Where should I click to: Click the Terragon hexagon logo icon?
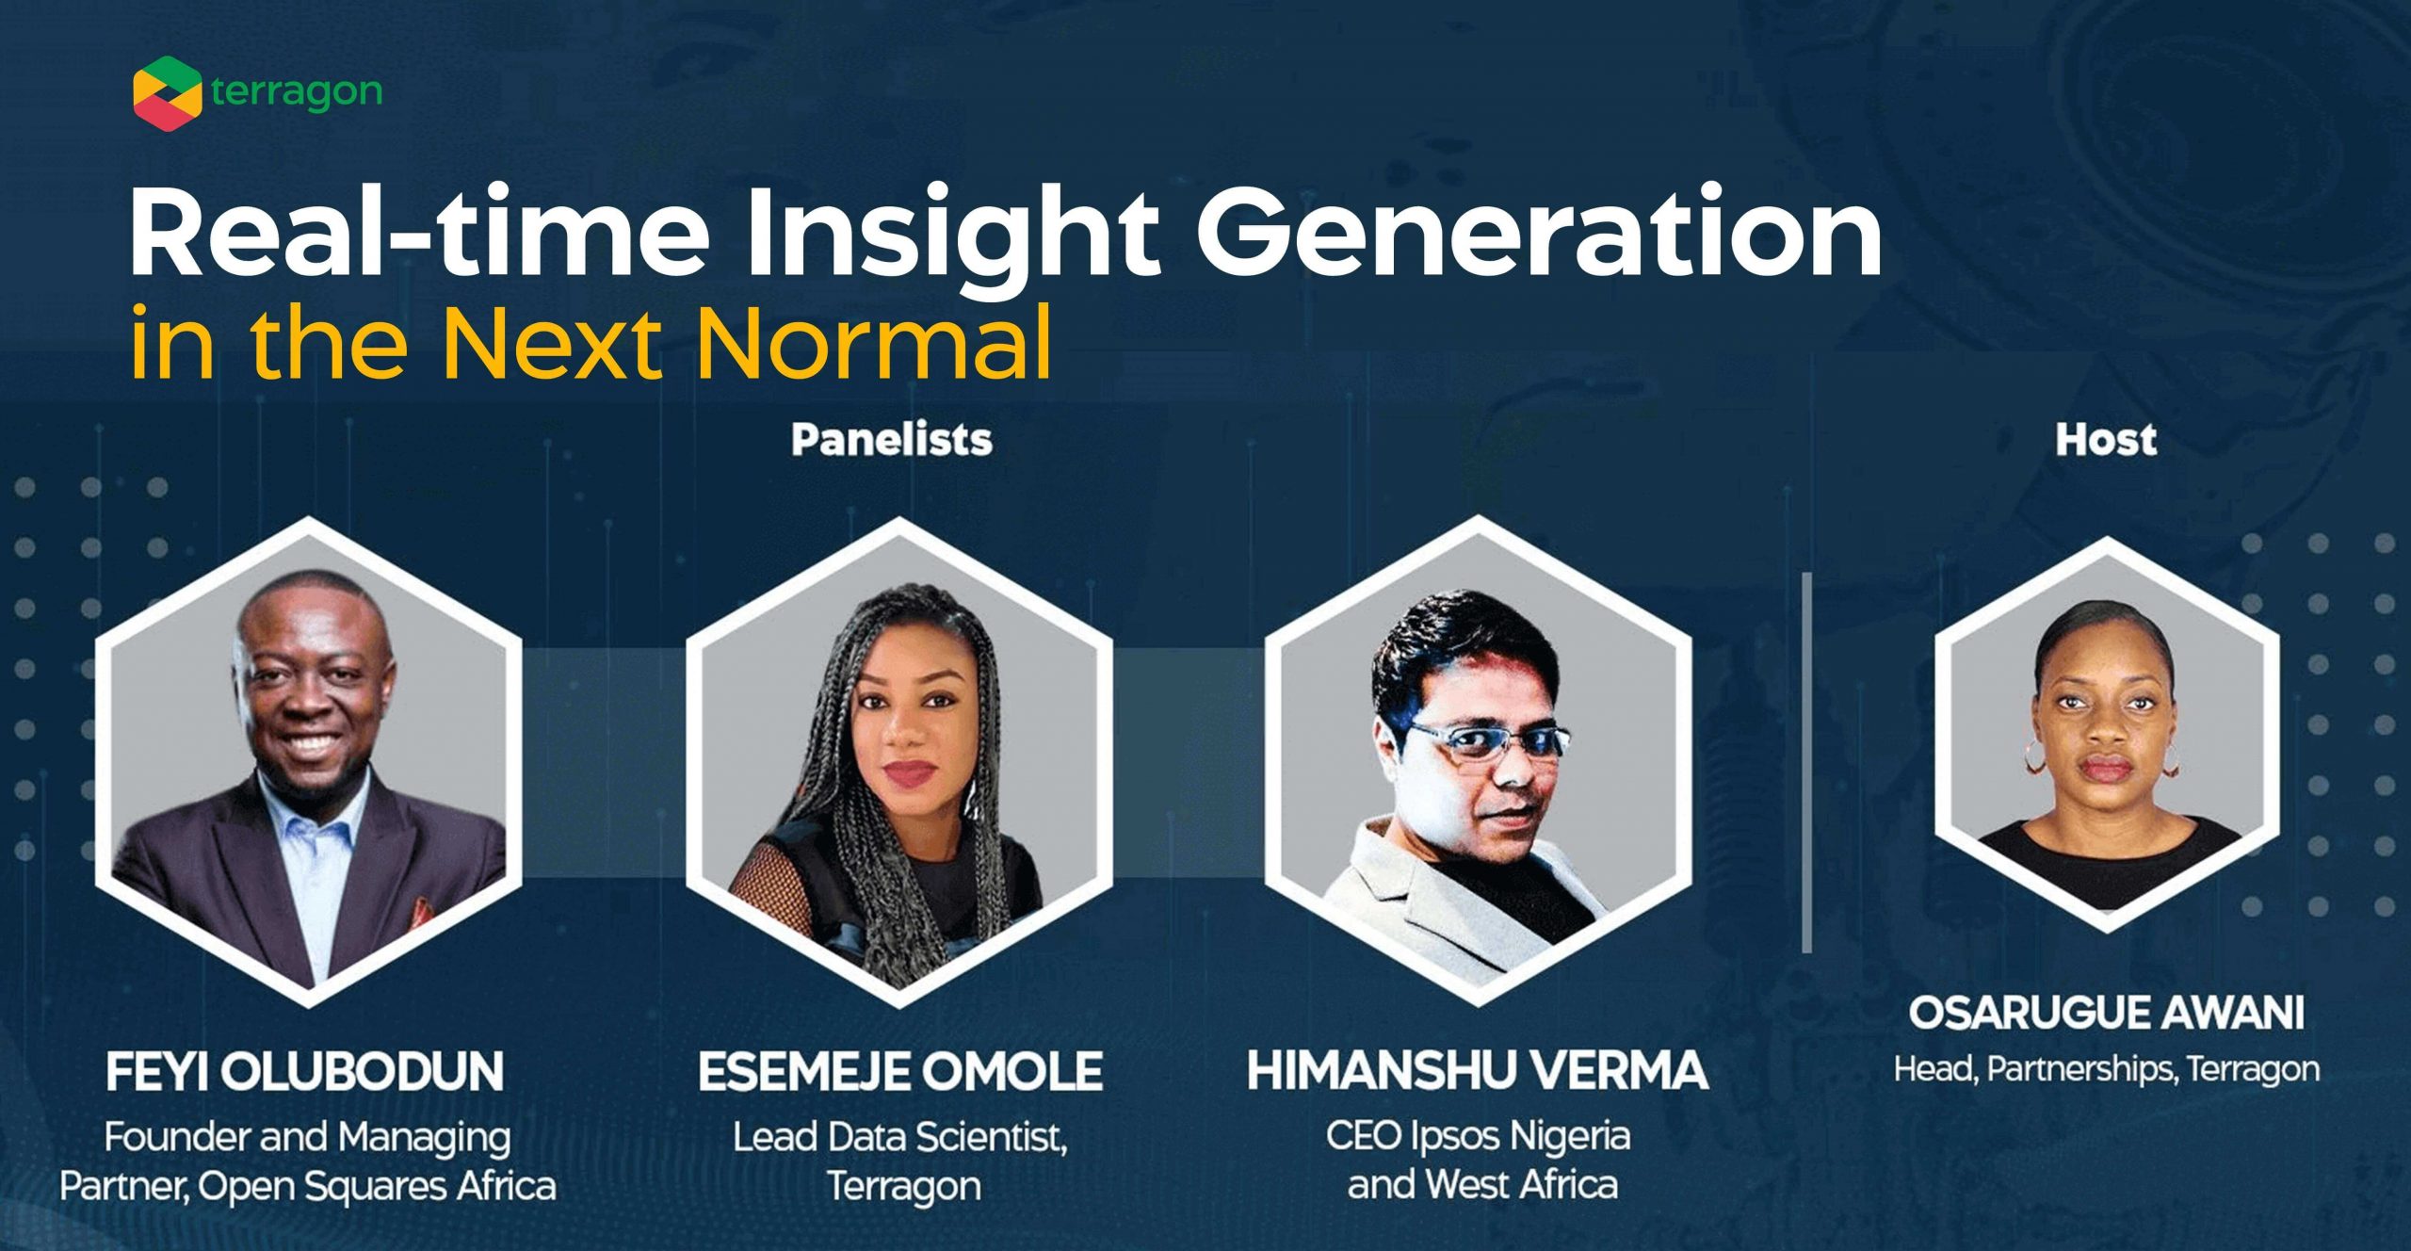pyautogui.click(x=167, y=93)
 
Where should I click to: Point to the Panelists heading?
pyautogui.click(x=892, y=440)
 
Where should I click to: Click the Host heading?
pyautogui.click(x=2106, y=440)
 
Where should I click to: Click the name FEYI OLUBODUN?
pyautogui.click(x=304, y=1072)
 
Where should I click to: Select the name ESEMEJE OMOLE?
pyautogui.click(x=900, y=1072)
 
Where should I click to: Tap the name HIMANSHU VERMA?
pyautogui.click(x=1478, y=1071)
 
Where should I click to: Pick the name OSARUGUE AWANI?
pyautogui.click(x=2107, y=1014)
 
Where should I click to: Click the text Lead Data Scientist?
pyautogui.click(x=900, y=1137)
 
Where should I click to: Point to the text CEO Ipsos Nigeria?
pyautogui.click(x=1478, y=1137)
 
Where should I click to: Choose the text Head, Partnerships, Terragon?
pyautogui.click(x=2107, y=1069)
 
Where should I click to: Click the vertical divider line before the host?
pyautogui.click(x=1806, y=763)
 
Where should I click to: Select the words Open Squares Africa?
pyautogui.click(x=377, y=1187)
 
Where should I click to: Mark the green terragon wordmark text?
pyautogui.click(x=297, y=92)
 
